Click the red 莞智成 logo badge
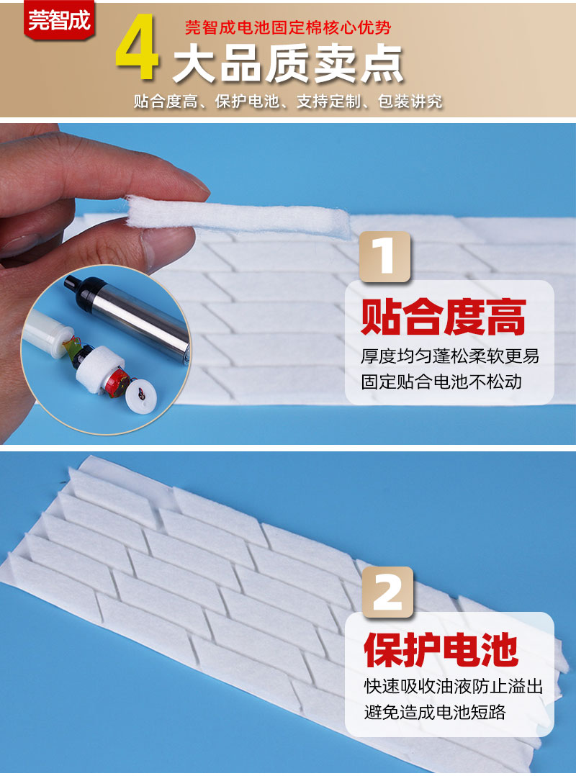point(59,20)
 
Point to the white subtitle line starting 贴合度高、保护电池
point(288,101)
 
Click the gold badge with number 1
point(385,256)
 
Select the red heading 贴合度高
point(443,317)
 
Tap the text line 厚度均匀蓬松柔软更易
point(450,356)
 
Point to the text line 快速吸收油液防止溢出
point(453,686)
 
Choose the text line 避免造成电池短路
point(435,712)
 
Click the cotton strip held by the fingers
point(238,216)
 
